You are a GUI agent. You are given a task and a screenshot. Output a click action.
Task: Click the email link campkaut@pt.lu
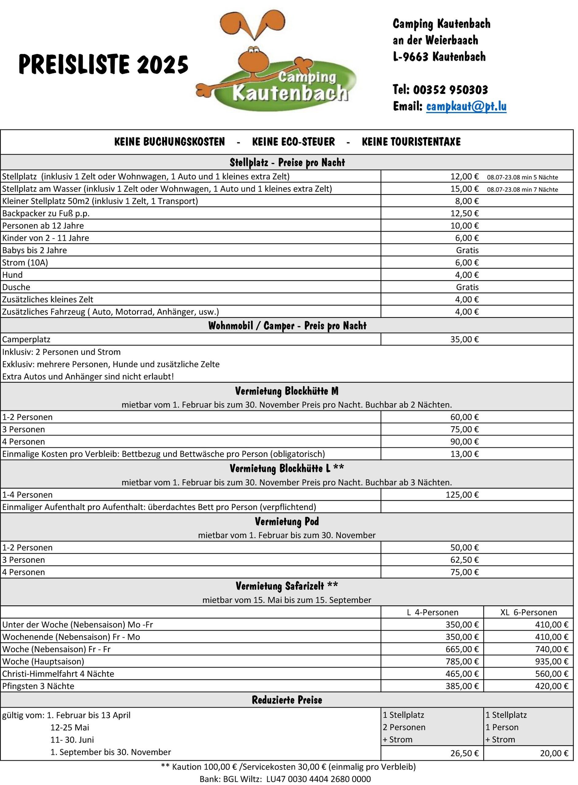click(466, 106)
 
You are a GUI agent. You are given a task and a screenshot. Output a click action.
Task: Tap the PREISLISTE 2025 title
click(104, 64)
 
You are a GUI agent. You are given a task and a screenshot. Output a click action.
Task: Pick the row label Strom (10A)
click(25, 262)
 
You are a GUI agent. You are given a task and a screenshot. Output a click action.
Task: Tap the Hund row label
click(13, 275)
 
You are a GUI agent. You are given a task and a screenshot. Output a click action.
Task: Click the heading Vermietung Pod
click(287, 522)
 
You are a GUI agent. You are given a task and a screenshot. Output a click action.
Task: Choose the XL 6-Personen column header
click(529, 612)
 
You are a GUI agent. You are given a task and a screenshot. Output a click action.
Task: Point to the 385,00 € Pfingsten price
click(462, 686)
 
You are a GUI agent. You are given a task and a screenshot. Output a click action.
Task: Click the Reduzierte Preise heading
click(287, 700)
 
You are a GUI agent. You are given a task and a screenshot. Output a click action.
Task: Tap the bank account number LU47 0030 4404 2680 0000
click(318, 779)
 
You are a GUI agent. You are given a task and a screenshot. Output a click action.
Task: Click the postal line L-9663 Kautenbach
click(439, 57)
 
